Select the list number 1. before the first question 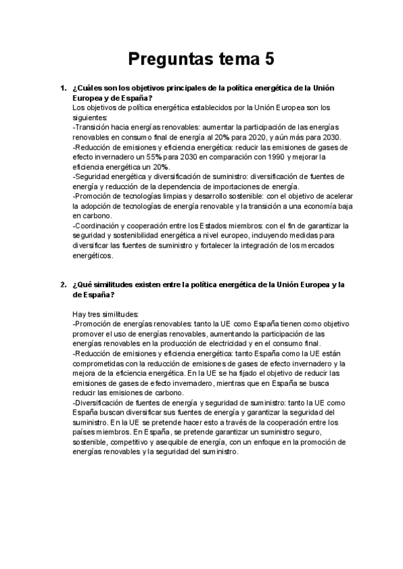coord(63,89)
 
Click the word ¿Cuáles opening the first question coord(87,89)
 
